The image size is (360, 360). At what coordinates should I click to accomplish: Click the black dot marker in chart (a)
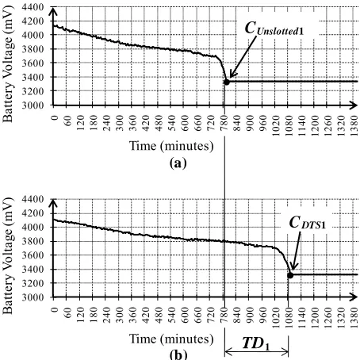click(227, 82)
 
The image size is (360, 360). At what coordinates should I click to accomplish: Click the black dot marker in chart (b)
click(290, 275)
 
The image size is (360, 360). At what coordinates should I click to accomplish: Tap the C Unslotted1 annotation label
click(274, 29)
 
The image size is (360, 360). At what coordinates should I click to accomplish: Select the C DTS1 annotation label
click(308, 223)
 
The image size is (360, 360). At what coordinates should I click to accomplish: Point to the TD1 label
click(256, 343)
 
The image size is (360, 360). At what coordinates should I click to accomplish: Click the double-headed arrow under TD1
click(256, 352)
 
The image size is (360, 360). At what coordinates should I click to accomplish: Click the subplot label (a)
click(178, 163)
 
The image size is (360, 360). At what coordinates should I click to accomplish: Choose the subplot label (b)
click(178, 354)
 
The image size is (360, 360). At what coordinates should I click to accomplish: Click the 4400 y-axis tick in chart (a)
click(33, 7)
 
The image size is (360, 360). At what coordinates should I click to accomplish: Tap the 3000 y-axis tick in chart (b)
click(33, 297)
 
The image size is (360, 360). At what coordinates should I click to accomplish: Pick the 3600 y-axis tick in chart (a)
click(33, 63)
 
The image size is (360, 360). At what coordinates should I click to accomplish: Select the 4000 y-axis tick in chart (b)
click(33, 227)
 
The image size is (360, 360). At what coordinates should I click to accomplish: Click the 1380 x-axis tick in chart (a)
click(354, 126)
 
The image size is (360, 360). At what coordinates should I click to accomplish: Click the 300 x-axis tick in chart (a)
click(120, 123)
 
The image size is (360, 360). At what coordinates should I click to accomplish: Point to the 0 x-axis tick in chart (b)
click(55, 309)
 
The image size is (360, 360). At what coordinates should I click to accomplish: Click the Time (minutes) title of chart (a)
click(171, 146)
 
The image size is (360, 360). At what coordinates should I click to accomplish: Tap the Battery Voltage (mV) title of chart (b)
click(8, 256)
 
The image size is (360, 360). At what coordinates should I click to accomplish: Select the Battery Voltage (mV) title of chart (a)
click(8, 64)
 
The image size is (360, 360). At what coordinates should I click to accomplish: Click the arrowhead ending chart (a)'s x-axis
click(354, 105)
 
